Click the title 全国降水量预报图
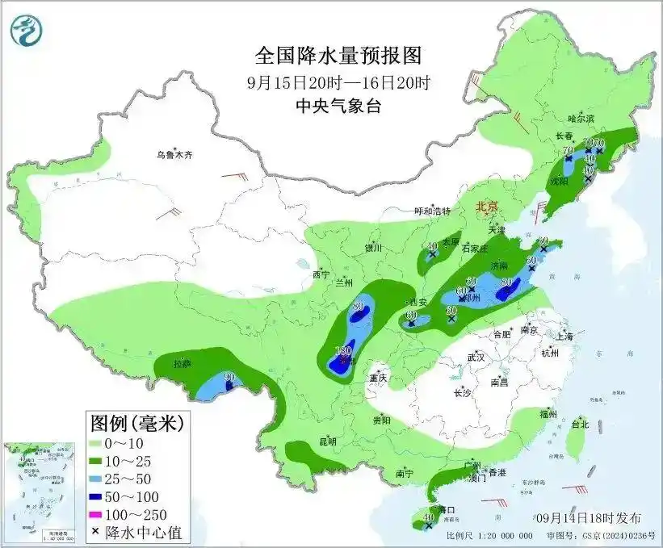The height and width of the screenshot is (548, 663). (x=338, y=56)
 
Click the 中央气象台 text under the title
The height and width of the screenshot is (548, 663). (x=338, y=105)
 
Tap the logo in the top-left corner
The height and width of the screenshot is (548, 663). (x=27, y=30)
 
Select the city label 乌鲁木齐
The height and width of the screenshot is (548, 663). (x=176, y=154)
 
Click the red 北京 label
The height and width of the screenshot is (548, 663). (x=488, y=207)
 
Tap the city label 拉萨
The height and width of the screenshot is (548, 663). (x=182, y=364)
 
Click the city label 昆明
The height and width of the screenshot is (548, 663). (x=327, y=441)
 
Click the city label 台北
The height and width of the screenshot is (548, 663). (x=580, y=424)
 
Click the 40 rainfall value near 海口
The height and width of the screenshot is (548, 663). (x=428, y=517)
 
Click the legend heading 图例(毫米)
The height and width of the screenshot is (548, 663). (x=136, y=421)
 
